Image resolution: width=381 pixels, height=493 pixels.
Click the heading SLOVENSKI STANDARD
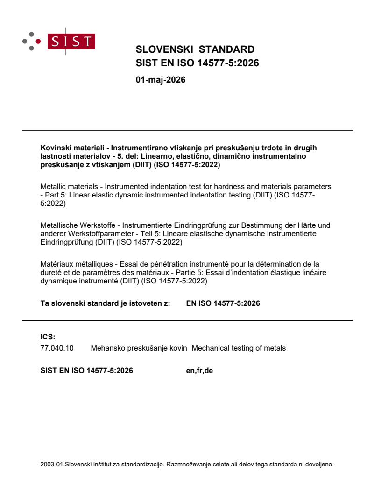(x=195, y=49)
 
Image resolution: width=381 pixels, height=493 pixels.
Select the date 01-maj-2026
(x=160, y=80)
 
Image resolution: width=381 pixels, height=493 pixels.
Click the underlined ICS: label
(x=48, y=336)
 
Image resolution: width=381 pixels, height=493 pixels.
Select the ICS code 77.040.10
(x=57, y=348)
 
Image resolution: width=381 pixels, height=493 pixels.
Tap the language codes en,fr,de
(x=199, y=371)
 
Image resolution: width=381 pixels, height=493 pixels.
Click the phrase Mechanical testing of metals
(x=239, y=348)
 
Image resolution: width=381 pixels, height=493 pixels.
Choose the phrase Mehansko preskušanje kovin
(x=139, y=348)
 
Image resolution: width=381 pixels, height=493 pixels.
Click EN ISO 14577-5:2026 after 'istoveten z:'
(x=223, y=303)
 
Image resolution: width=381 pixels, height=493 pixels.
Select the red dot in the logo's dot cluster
(x=38, y=41)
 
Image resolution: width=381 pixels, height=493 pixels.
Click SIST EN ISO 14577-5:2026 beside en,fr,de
(x=87, y=371)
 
